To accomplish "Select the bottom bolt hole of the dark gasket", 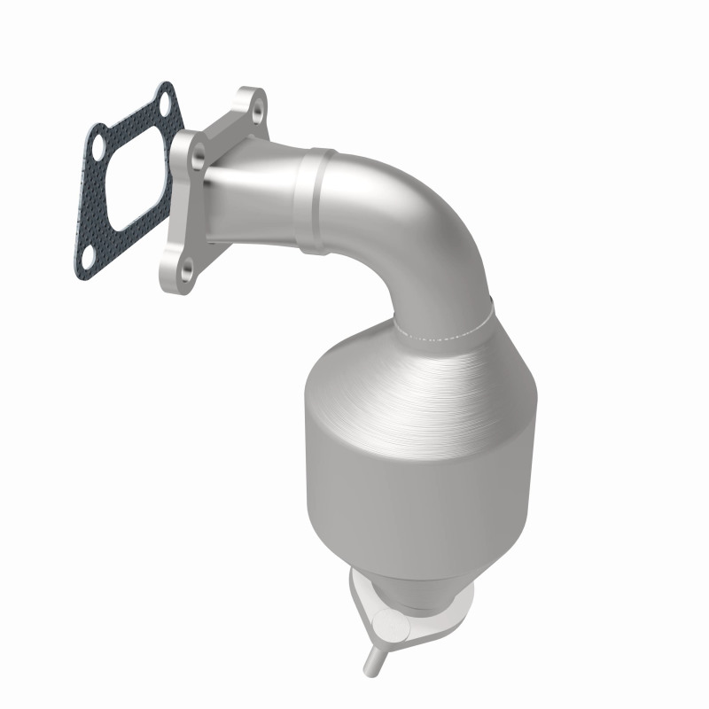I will pos(90,254).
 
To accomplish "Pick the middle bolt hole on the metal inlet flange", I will pos(199,157).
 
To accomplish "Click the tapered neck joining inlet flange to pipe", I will pos(257,191).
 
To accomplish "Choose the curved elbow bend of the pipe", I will pos(417,222).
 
